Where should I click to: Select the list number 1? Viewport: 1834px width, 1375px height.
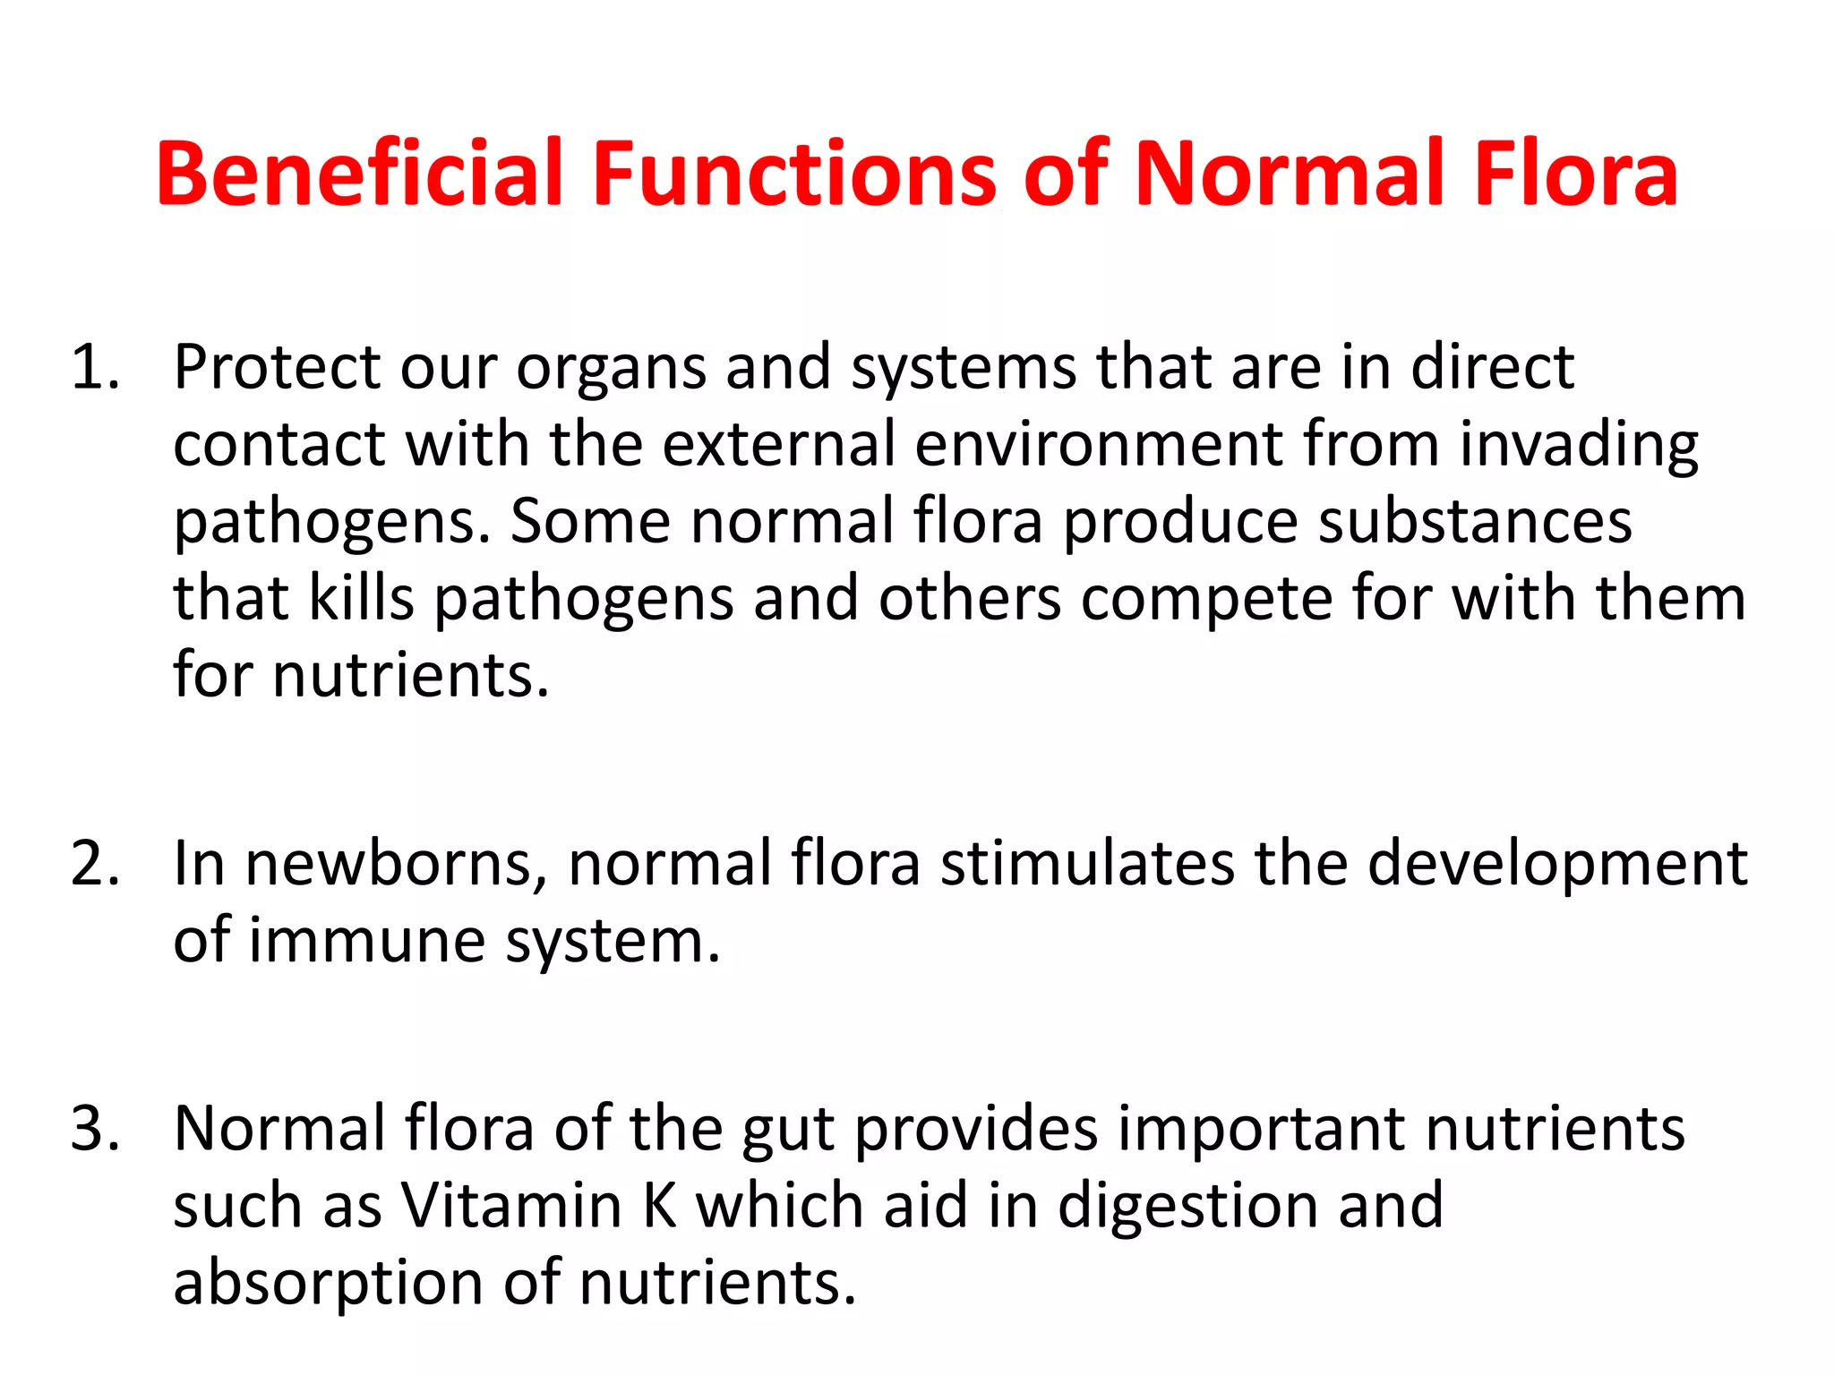94,367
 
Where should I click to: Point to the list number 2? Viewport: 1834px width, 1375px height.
94,864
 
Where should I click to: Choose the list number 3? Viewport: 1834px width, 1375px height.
94,1129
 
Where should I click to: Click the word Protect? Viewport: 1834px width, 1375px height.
277,367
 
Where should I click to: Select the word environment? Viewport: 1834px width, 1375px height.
1099,444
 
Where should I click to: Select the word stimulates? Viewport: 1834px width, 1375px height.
1087,864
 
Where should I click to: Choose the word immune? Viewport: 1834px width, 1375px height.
367,941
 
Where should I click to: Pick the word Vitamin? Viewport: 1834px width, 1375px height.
511,1206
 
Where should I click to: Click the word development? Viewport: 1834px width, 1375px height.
1557,866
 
